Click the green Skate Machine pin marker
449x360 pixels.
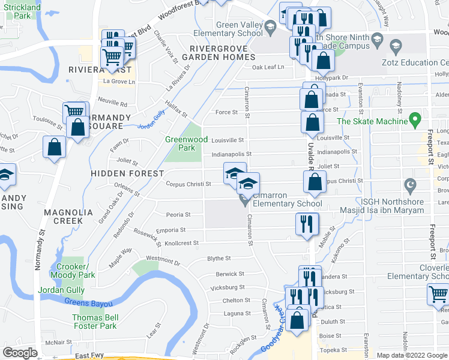click(x=414, y=120)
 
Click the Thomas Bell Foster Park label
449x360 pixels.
click(x=94, y=322)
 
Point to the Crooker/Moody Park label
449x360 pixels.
click(x=76, y=271)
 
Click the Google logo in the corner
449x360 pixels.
click(x=20, y=353)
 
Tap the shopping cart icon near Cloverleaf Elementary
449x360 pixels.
click(x=439, y=295)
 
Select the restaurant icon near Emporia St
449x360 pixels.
click(x=307, y=224)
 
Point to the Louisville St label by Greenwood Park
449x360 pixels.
click(x=227, y=140)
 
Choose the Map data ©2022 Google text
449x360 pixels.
click(x=412, y=355)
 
